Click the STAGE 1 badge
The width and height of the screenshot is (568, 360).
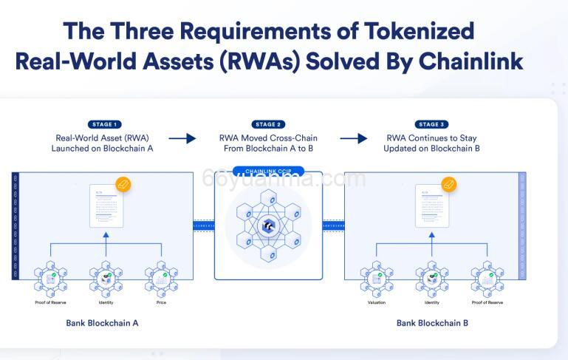pyautogui.click(x=103, y=124)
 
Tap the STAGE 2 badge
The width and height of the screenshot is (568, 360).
pyautogui.click(x=268, y=124)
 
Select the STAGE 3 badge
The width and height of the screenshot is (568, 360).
pyautogui.click(x=432, y=124)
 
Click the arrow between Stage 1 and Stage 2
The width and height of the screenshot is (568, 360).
pyautogui.click(x=182, y=138)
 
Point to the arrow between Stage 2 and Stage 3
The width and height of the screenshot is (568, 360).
pyautogui.click(x=353, y=138)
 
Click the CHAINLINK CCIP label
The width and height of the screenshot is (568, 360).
pyautogui.click(x=268, y=171)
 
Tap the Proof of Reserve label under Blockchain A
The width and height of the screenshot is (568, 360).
pyautogui.click(x=51, y=302)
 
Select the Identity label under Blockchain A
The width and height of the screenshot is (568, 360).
pyautogui.click(x=106, y=302)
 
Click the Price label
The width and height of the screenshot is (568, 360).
pyautogui.click(x=161, y=302)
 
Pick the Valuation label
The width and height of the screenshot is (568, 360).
pyautogui.click(x=377, y=302)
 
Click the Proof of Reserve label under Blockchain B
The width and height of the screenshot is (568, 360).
pyautogui.click(x=487, y=302)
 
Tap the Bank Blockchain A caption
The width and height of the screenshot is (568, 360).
pyautogui.click(x=102, y=323)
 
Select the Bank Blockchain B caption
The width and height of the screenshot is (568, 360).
pyautogui.click(x=432, y=323)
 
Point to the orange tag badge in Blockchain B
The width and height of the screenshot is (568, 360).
pyautogui.click(x=448, y=184)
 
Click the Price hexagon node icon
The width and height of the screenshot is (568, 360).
pyautogui.click(x=161, y=279)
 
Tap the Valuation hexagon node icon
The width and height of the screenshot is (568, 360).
pyautogui.click(x=377, y=279)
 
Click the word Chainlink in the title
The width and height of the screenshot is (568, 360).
pyautogui.click(x=471, y=61)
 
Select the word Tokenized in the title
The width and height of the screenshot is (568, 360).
pyautogui.click(x=411, y=31)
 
